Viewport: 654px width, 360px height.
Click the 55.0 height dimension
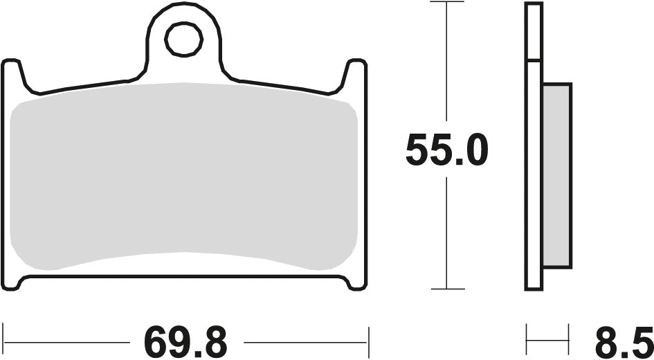446,151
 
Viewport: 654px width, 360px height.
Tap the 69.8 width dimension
185,341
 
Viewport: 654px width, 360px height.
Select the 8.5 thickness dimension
623,341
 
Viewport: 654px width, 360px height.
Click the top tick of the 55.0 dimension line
446,2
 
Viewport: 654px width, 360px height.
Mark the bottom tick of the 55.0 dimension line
446,289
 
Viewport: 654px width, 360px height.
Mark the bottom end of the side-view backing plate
534,288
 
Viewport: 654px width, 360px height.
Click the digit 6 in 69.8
156,341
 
